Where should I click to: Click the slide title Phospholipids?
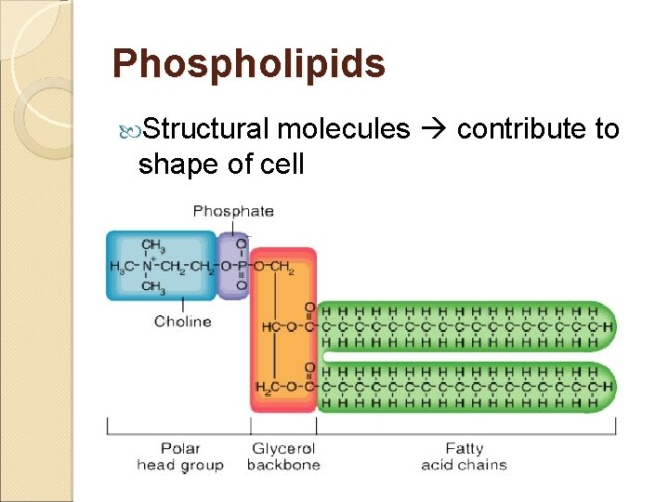coord(248,64)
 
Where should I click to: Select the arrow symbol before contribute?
coord(432,130)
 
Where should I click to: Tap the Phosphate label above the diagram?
coord(233,211)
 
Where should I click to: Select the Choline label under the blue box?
coord(183,322)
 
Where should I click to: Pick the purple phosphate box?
coord(233,266)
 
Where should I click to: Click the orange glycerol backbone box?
coord(282,353)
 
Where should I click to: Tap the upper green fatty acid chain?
coord(465,327)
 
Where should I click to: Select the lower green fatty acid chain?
coord(465,387)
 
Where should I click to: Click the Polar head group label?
coord(180,456)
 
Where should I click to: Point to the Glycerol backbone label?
coord(283,456)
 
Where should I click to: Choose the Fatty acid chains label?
coord(464,456)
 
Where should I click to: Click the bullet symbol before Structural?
coord(128,130)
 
